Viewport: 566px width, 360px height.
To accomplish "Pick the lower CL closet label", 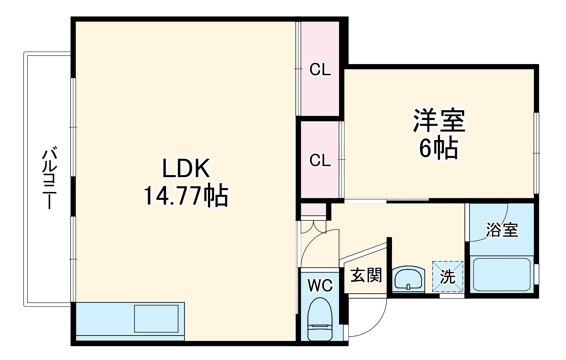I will pyautogui.click(x=320, y=160).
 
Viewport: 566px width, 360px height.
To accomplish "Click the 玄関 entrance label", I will pyautogui.click(x=366, y=275).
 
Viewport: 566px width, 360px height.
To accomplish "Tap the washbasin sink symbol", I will pyautogui.click(x=408, y=279).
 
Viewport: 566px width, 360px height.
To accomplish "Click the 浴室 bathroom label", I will pyautogui.click(x=502, y=229).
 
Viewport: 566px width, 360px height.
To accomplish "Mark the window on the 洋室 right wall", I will pyautogui.click(x=536, y=153).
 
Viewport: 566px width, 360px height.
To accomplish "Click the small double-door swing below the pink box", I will pyautogui.click(x=313, y=226).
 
